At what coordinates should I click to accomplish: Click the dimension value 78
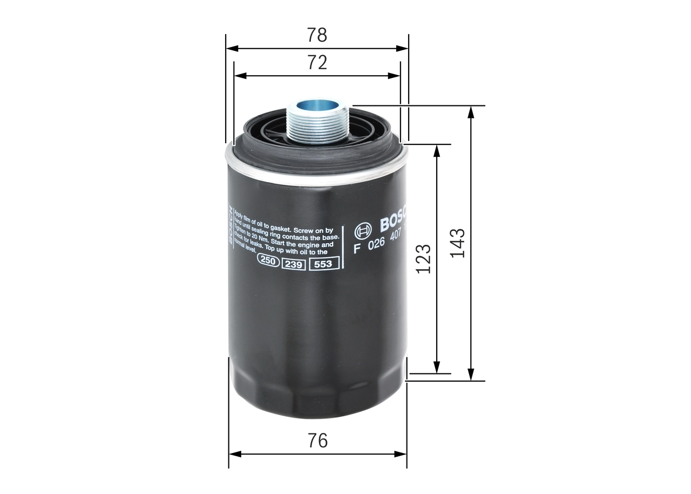[317, 35]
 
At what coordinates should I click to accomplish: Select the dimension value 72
[317, 63]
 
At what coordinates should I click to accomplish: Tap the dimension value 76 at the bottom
[317, 440]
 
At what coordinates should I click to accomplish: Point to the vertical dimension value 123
[423, 258]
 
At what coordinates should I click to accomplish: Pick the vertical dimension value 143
[457, 243]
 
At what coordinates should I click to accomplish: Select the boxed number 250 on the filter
[267, 261]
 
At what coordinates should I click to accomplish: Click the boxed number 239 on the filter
[294, 264]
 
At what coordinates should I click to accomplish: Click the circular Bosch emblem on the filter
[363, 231]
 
